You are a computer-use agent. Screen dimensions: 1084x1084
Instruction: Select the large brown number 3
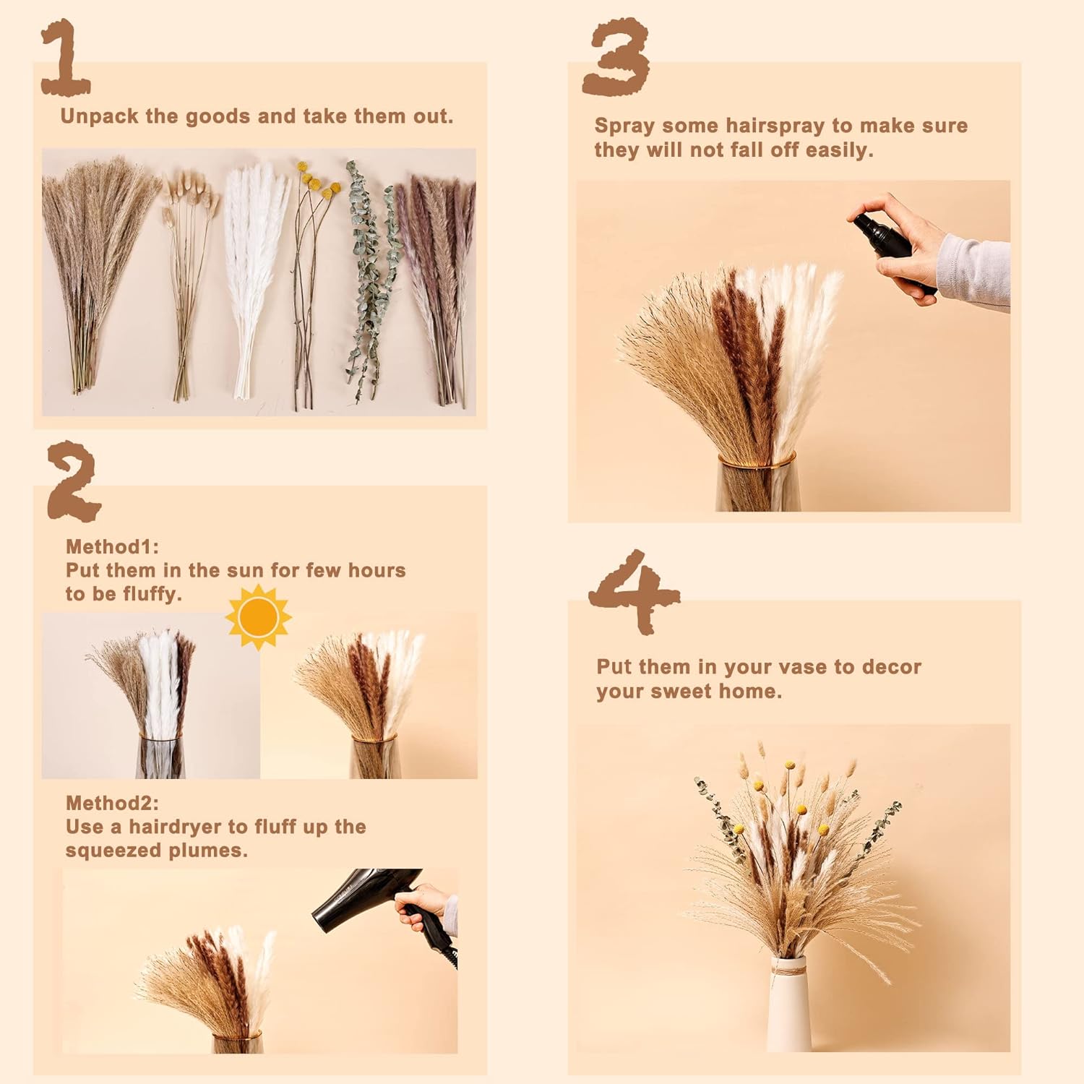[x=616, y=58]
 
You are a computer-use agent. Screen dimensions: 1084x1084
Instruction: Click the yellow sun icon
[x=258, y=617]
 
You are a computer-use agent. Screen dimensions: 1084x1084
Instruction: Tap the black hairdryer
[x=361, y=896]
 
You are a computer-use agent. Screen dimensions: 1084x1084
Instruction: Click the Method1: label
[x=112, y=546]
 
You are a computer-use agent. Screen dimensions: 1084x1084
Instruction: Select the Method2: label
[x=112, y=803]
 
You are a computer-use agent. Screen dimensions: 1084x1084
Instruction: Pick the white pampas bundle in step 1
[x=253, y=275]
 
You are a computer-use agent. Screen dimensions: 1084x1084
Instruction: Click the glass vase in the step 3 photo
[x=757, y=484]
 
